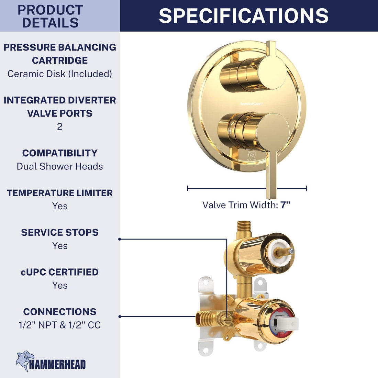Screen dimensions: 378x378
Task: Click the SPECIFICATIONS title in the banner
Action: [x=243, y=16]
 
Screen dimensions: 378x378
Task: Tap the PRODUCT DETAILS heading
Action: [x=51, y=16]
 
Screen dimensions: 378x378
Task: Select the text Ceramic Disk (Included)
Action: [x=60, y=74]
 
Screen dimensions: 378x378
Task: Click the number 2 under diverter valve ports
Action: [x=60, y=127]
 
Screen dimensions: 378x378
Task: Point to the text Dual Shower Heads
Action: [x=60, y=166]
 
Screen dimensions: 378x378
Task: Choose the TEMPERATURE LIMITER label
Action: [x=60, y=193]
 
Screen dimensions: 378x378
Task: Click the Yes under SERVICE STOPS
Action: [x=60, y=246]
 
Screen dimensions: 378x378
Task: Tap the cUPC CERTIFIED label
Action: [x=60, y=272]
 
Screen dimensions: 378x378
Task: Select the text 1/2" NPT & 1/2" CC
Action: [x=60, y=325]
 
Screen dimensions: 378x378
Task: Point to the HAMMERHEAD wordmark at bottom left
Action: [x=57, y=365]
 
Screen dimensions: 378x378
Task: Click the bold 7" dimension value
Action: [x=286, y=205]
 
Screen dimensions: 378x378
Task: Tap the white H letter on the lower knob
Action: [x=229, y=131]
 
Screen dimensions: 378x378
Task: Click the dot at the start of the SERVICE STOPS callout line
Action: [x=120, y=239]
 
